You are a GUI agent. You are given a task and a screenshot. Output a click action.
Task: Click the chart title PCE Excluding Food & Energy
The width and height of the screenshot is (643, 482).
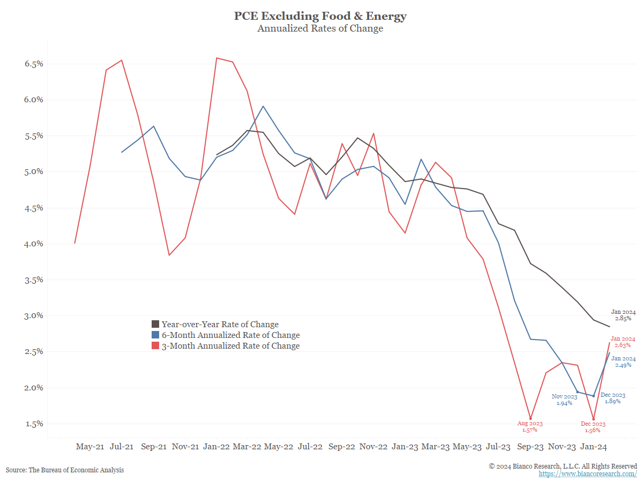tap(320, 16)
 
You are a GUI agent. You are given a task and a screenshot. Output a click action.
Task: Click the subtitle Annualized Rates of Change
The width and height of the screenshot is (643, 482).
tap(320, 29)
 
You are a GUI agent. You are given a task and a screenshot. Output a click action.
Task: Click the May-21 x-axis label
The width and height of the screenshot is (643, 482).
tap(90, 446)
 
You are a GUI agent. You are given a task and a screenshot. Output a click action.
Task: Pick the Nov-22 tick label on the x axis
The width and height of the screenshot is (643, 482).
tap(373, 446)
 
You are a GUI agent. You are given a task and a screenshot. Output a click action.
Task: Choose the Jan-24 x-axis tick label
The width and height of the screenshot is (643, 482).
tap(594, 446)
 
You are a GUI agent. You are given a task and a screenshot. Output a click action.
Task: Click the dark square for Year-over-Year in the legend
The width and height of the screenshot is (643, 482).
tap(155, 324)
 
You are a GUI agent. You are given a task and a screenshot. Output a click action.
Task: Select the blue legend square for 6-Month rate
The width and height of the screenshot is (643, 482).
tap(155, 335)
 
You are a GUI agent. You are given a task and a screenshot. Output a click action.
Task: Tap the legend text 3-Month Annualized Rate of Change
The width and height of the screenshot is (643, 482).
tap(230, 346)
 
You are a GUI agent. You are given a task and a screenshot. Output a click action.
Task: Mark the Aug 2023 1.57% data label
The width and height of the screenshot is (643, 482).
tap(530, 426)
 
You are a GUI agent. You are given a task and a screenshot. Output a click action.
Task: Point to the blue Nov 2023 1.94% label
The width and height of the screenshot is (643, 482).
tap(565, 400)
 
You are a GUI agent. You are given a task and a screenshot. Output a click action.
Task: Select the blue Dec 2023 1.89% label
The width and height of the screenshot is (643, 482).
tap(616, 398)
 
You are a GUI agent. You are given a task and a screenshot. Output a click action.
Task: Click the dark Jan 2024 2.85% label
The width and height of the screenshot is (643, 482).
tap(623, 315)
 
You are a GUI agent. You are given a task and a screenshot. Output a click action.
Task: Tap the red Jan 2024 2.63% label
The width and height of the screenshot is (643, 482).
tap(623, 342)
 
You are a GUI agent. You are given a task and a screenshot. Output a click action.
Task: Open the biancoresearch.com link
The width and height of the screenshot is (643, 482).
tap(588, 474)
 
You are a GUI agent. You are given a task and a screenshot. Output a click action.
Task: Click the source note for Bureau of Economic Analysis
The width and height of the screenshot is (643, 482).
tap(65, 470)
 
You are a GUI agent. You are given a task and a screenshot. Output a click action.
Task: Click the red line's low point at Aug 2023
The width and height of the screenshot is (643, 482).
tap(530, 419)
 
